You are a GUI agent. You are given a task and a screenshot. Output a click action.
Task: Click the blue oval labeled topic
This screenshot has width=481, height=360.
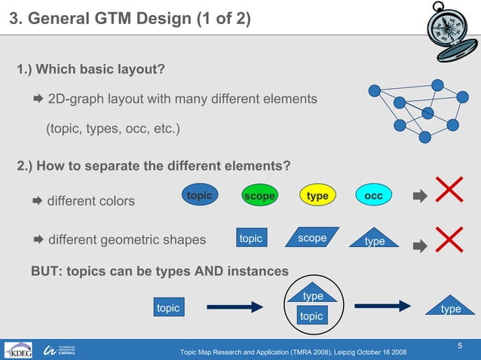point(200,196)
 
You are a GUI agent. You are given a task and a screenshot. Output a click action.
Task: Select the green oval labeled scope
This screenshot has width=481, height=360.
point(259,196)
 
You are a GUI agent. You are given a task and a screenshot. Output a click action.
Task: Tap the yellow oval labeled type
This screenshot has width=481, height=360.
point(317,196)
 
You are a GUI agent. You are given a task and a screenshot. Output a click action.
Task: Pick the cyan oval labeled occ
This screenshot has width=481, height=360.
point(373,196)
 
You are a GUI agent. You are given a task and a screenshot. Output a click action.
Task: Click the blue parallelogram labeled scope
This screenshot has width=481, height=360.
point(312,238)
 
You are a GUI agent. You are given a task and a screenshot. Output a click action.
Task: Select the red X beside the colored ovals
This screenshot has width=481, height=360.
point(449,190)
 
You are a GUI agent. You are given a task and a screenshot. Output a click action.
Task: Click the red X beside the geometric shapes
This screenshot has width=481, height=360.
point(449,239)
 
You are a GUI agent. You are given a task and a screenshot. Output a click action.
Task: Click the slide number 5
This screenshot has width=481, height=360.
point(459,345)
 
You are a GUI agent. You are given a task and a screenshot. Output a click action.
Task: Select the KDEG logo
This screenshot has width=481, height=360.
point(19,351)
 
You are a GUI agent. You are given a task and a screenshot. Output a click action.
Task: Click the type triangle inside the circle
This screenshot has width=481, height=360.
point(312,294)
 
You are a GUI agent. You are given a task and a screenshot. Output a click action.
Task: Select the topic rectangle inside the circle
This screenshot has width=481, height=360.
point(311,316)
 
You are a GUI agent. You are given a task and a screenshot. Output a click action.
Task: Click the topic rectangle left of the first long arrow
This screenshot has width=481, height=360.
point(168,307)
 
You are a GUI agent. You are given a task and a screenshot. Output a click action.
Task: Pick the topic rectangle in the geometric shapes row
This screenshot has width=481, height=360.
point(251,239)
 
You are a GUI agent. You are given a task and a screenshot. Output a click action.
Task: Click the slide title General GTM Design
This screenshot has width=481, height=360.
point(129,17)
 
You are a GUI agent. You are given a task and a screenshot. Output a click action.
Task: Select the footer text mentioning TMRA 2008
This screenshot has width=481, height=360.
point(293,352)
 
